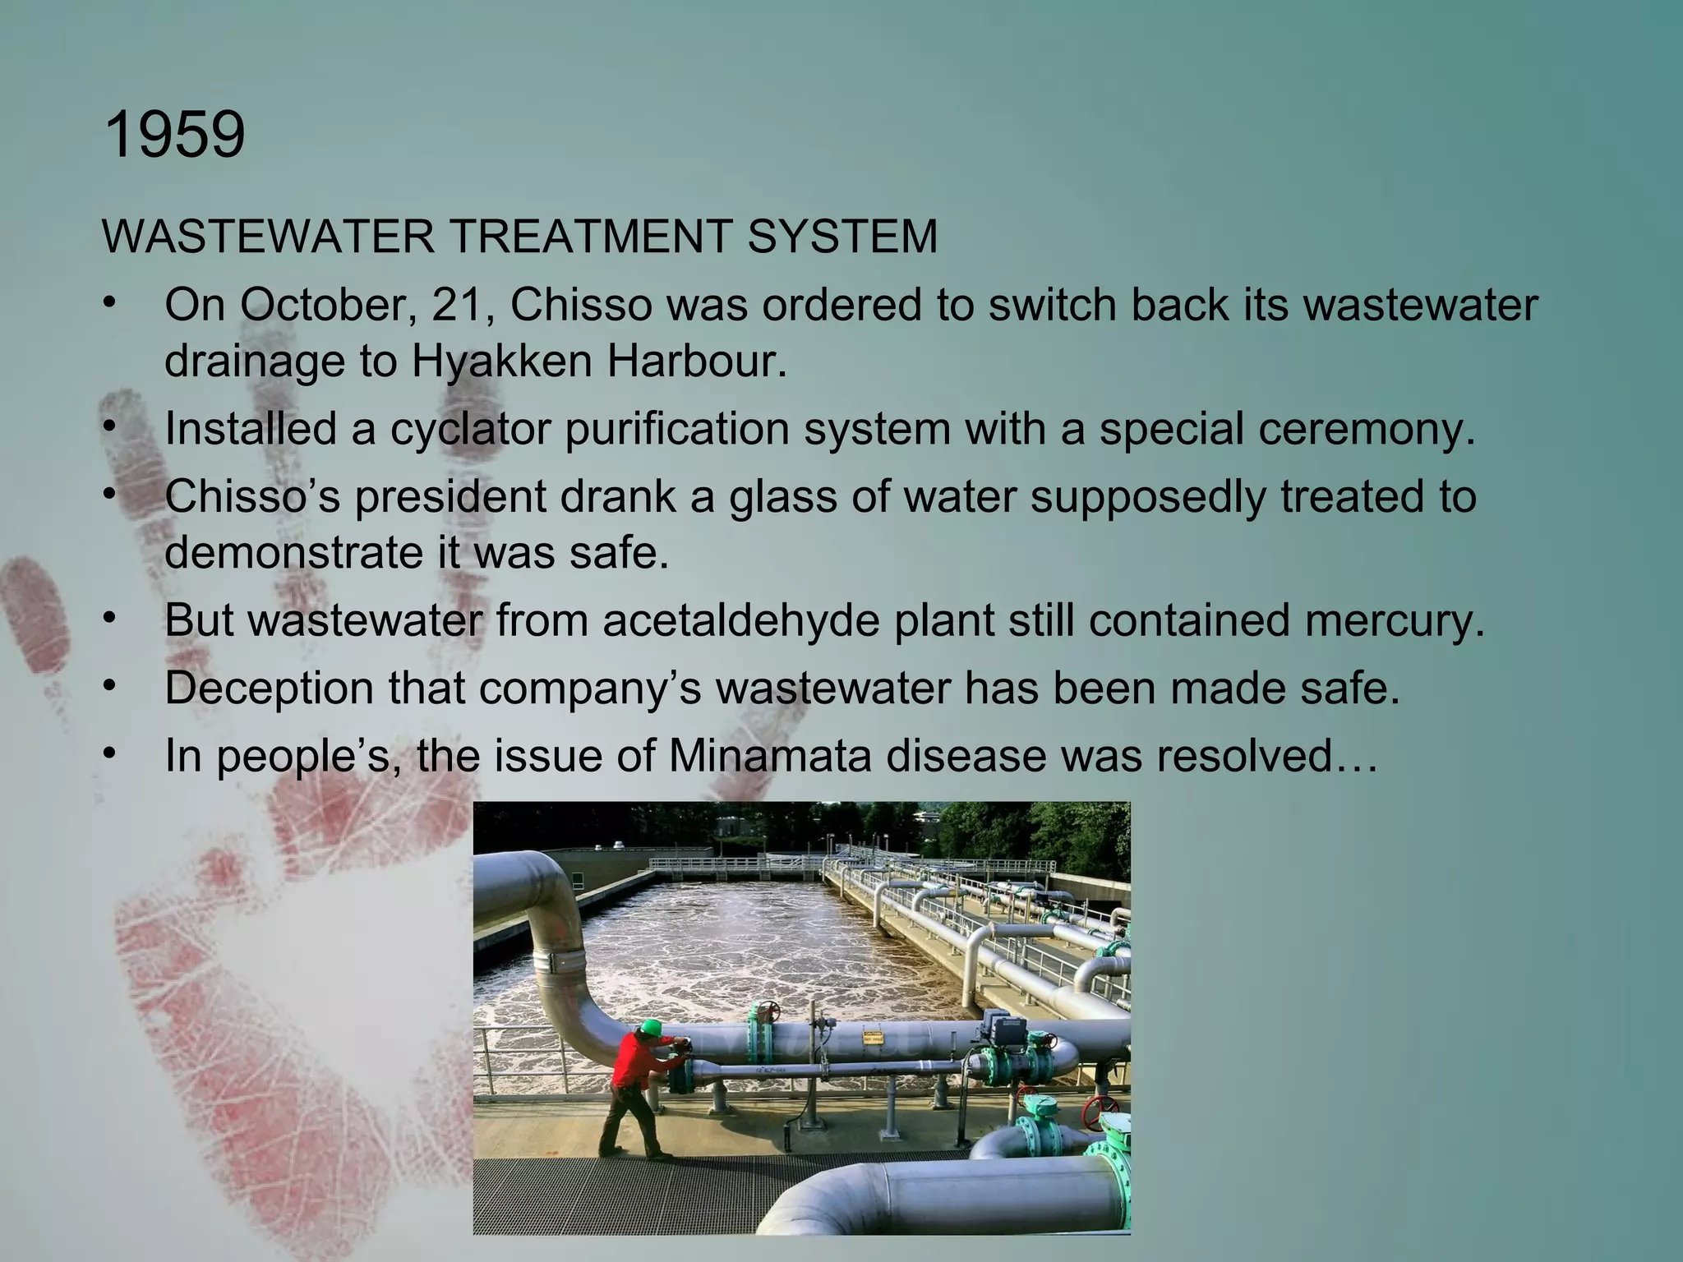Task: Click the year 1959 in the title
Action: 175,135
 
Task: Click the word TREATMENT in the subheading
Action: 590,237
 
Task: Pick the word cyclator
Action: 469,428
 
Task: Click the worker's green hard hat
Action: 651,1026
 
